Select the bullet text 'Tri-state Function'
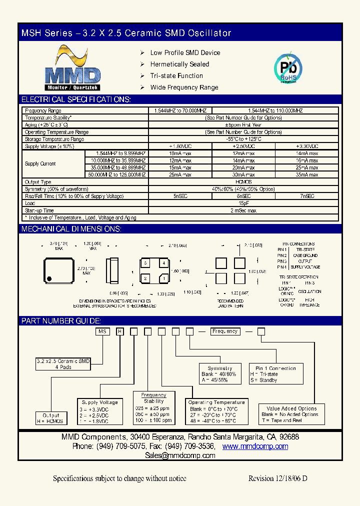point(176,76)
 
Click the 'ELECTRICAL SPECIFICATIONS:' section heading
point(76,99)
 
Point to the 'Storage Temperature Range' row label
point(54,139)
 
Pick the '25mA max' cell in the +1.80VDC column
point(180,175)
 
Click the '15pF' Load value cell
point(243,203)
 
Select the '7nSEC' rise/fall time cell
point(306,196)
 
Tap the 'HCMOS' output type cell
point(243,182)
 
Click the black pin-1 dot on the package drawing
point(49,278)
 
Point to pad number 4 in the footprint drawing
point(162,263)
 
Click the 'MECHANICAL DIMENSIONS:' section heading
point(71,229)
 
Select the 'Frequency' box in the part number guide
point(225,331)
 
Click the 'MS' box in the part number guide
point(102,331)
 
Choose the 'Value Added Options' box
point(291,414)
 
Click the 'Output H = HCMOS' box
point(51,418)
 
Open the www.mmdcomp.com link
point(255,446)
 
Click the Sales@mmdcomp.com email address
point(180,455)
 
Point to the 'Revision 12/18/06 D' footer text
point(277,478)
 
